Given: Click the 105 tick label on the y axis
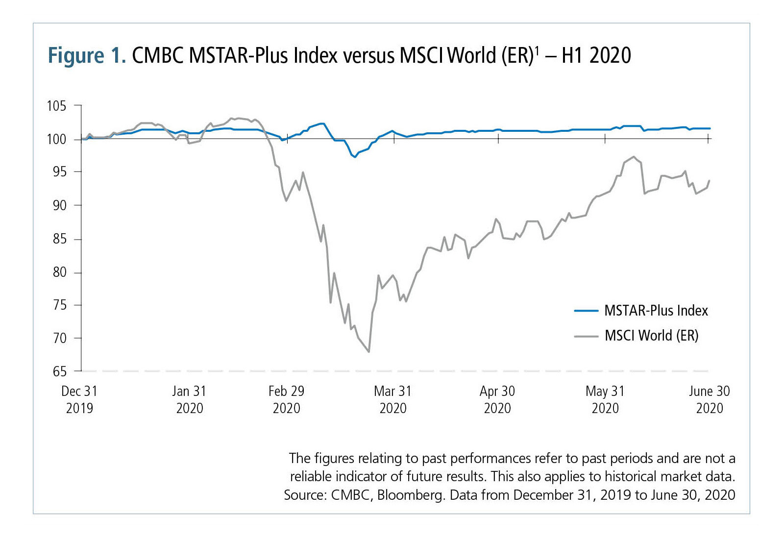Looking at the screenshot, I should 56,106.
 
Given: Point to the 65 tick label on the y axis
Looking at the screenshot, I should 59,371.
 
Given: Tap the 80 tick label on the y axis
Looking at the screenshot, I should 59,272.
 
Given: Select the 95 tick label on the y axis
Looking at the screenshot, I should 59,172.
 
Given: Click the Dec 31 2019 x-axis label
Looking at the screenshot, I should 79,399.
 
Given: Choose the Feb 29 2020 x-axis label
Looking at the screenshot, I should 287,399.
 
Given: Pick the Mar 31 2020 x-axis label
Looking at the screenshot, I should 393,399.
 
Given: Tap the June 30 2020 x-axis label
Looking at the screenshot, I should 710,399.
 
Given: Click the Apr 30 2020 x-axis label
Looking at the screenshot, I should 497,399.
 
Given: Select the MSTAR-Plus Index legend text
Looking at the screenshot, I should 656,311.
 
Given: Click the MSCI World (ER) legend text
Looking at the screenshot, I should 652,336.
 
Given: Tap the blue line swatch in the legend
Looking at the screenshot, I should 586,311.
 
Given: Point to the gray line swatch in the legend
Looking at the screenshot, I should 586,337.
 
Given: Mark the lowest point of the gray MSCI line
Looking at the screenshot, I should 368,352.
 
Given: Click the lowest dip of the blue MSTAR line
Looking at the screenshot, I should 355,157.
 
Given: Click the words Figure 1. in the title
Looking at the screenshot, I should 87,55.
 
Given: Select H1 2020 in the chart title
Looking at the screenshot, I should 596,55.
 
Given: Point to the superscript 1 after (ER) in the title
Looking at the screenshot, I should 537,50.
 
